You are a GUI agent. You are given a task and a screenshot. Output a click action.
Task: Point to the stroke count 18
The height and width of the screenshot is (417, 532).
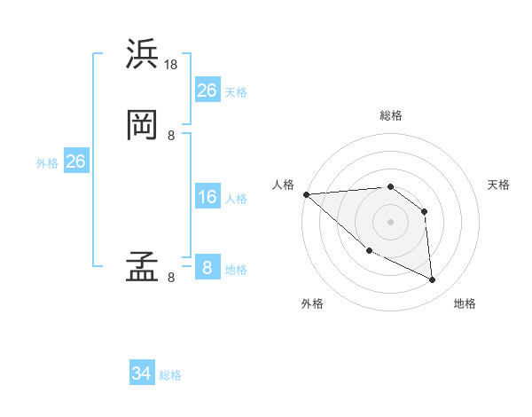(172, 65)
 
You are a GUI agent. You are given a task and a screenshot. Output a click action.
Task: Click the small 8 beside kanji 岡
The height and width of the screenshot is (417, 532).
(171, 136)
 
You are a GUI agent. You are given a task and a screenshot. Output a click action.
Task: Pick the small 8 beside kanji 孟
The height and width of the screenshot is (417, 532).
(171, 278)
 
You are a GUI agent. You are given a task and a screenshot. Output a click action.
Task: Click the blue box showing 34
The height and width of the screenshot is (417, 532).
(142, 374)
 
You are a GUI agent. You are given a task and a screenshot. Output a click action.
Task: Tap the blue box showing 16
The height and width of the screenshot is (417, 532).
(207, 197)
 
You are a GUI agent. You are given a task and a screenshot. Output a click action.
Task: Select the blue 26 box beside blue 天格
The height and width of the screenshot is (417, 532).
(207, 90)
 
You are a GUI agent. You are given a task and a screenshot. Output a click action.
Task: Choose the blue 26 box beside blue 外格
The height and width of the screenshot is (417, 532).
(75, 161)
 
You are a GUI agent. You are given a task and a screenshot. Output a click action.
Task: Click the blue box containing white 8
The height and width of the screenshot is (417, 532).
(207, 268)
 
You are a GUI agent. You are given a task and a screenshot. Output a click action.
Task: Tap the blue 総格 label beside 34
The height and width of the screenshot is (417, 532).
(170, 375)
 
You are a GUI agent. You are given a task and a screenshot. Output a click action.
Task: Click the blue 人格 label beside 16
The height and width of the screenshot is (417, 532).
(236, 199)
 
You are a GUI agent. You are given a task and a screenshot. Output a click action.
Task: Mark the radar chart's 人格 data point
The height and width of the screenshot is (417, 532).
(306, 194)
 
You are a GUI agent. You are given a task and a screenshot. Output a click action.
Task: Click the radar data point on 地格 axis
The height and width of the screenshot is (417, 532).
(433, 280)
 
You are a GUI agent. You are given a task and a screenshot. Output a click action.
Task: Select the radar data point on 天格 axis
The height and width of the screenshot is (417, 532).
(425, 211)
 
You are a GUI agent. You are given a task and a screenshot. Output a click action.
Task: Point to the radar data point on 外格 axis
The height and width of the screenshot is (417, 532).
(369, 251)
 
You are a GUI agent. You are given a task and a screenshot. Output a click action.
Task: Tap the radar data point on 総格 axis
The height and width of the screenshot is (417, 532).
(390, 186)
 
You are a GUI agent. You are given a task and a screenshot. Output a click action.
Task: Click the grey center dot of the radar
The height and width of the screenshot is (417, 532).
(390, 222)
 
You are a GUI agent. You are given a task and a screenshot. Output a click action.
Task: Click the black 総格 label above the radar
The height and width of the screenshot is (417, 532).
(390, 115)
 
